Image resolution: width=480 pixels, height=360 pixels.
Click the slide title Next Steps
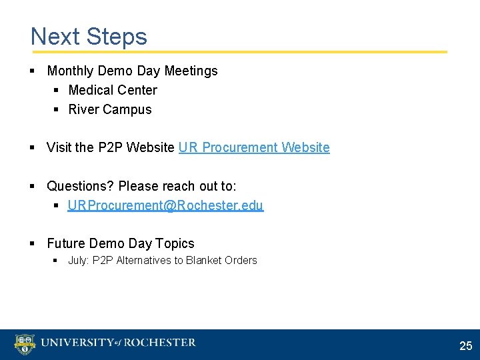tap(89, 36)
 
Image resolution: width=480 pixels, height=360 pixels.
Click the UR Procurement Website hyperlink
tap(254, 147)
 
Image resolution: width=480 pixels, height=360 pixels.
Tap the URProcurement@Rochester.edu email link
tap(165, 205)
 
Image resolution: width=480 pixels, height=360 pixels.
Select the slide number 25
tap(465, 346)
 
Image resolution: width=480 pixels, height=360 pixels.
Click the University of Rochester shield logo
tap(25, 344)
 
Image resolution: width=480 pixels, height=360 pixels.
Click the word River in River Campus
tap(83, 109)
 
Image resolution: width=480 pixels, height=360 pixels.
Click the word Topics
tap(175, 243)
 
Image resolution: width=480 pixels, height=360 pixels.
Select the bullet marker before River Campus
tap(56, 109)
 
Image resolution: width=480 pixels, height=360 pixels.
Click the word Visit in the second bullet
tap(59, 147)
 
